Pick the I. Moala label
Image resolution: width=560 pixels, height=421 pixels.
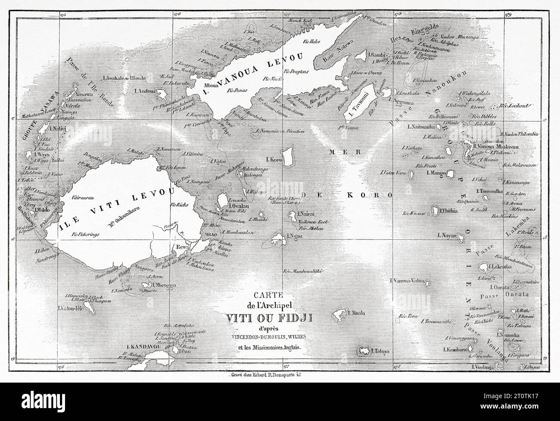[356, 312]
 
